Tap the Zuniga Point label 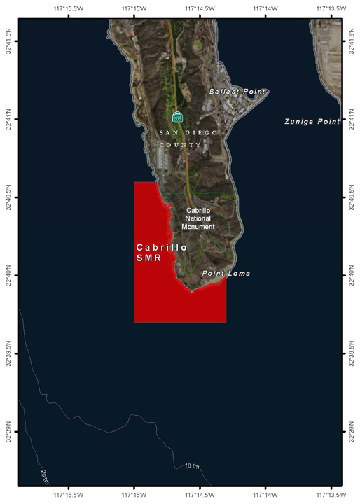312,122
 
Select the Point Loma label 226,273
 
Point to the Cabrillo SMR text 161,253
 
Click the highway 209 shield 178,117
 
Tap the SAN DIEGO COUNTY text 188,139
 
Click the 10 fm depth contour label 192,466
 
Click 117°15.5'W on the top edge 68,8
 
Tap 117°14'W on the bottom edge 265,496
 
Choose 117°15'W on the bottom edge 134,496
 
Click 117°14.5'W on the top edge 199,8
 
